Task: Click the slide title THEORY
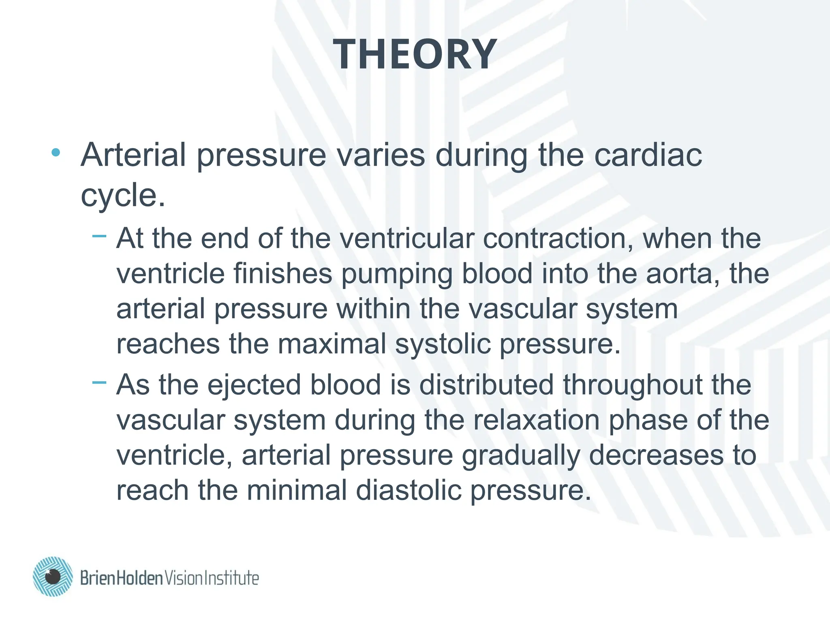point(415,54)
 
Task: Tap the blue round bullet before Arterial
point(56,153)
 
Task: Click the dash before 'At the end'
point(99,235)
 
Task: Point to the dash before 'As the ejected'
point(99,381)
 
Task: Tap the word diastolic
point(409,490)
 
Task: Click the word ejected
point(254,385)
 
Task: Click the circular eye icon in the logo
point(53,576)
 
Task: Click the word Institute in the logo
point(231,578)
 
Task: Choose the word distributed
point(486,385)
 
